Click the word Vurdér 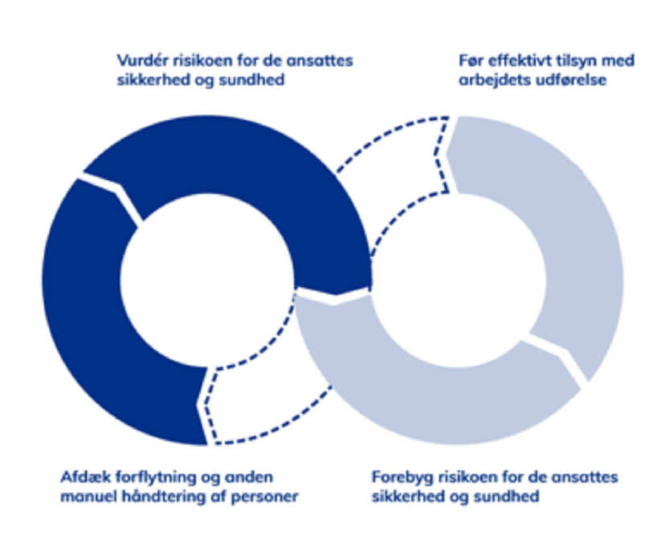[141, 61]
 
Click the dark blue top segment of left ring [241, 173]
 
